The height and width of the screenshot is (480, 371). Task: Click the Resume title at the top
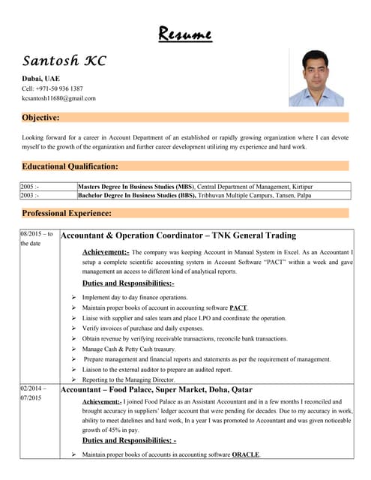(x=185, y=34)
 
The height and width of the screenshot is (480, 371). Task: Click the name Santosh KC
(x=64, y=61)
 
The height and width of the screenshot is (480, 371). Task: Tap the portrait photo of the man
(x=316, y=78)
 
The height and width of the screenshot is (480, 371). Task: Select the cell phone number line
(x=52, y=88)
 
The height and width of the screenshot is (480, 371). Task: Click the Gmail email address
(x=58, y=98)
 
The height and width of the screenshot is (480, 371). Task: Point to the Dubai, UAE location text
(x=41, y=78)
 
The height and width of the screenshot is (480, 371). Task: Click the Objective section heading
(x=41, y=118)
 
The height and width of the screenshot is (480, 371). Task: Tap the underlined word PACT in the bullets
(x=238, y=307)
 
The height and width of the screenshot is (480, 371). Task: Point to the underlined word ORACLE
(x=246, y=454)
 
